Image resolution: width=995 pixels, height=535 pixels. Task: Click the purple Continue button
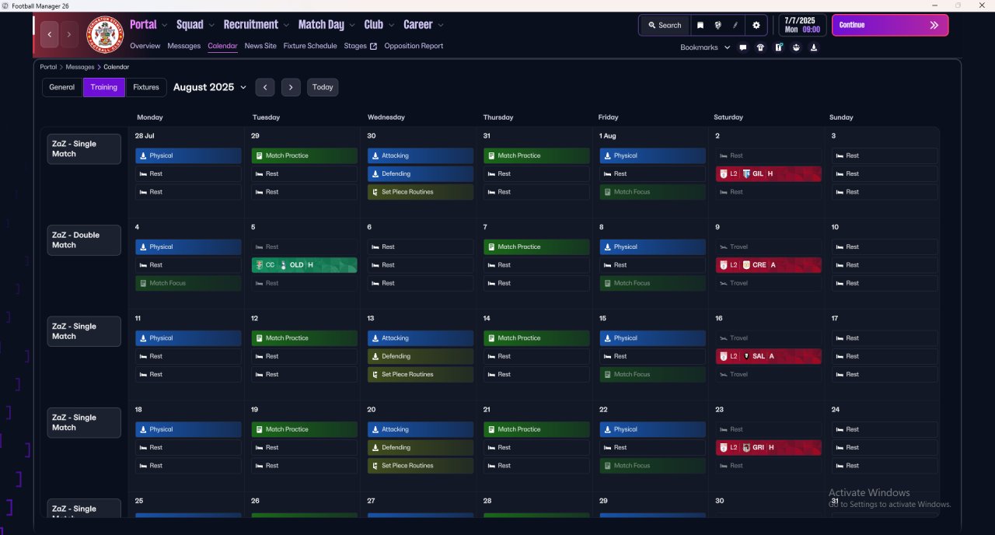pyautogui.click(x=889, y=25)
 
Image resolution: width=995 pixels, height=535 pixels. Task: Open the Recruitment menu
pyautogui.click(x=256, y=25)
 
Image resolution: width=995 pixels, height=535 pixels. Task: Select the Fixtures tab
pyautogui.click(x=146, y=87)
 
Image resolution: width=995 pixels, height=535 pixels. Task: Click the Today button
pyautogui.click(x=323, y=87)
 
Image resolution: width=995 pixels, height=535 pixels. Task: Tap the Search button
pyautogui.click(x=664, y=25)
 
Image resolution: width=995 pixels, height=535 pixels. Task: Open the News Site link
pyautogui.click(x=260, y=46)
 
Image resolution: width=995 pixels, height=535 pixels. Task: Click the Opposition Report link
pyautogui.click(x=414, y=46)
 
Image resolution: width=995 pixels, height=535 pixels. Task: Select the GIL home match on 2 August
pyautogui.click(x=768, y=174)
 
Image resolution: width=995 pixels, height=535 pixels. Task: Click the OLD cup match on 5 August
pyautogui.click(x=304, y=265)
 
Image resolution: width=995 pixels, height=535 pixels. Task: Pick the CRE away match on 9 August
pyautogui.click(x=768, y=265)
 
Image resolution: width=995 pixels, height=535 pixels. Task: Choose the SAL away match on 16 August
pyautogui.click(x=768, y=356)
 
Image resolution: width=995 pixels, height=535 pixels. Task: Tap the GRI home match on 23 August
pyautogui.click(x=768, y=448)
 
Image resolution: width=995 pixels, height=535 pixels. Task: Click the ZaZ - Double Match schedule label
pyautogui.click(x=84, y=240)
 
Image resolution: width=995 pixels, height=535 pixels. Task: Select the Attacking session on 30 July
pyautogui.click(x=420, y=156)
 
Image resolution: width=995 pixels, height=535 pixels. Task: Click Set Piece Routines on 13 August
pyautogui.click(x=420, y=375)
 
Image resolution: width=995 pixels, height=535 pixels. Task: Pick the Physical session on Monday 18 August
pyautogui.click(x=188, y=429)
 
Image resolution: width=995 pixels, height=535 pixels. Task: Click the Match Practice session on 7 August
pyautogui.click(x=536, y=247)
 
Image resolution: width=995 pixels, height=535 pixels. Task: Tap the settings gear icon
pyautogui.click(x=756, y=25)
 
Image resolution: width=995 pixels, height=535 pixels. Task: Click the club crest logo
pyautogui.click(x=104, y=35)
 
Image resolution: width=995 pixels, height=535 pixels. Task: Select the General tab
pyautogui.click(x=62, y=87)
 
